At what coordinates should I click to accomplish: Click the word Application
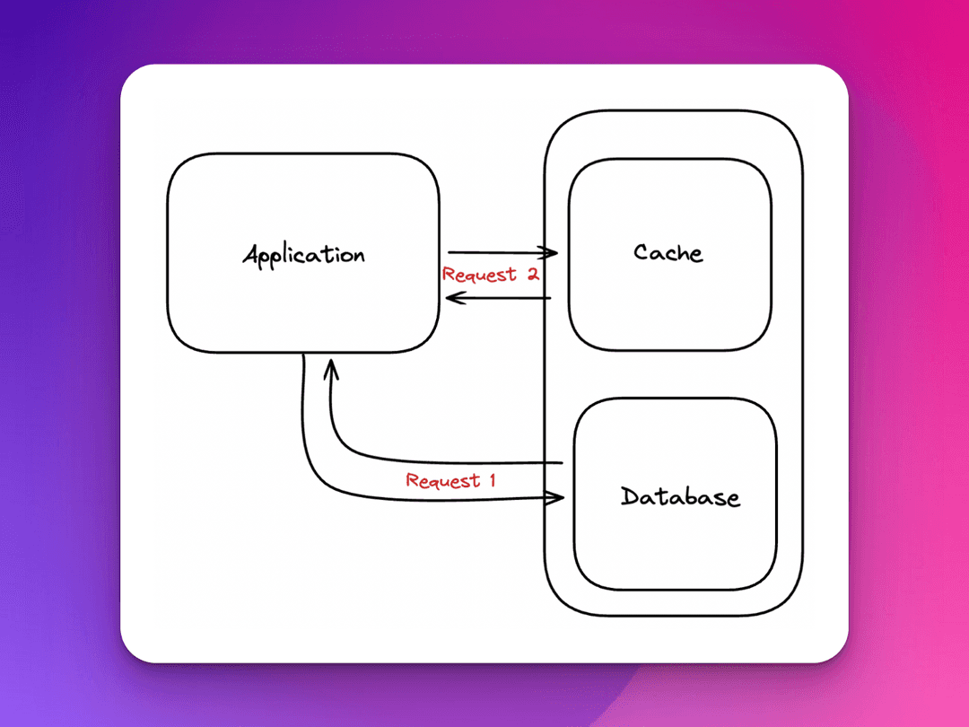[303, 255]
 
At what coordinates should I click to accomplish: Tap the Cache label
[668, 252]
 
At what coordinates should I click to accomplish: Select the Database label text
[680, 496]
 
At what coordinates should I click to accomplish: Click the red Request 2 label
[490, 275]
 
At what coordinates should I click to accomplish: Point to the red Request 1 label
[450, 480]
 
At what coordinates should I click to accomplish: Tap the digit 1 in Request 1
[491, 480]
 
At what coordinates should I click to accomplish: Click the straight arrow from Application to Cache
[498, 253]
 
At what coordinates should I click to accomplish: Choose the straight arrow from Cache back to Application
[502, 297]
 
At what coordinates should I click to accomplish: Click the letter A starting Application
[250, 255]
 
